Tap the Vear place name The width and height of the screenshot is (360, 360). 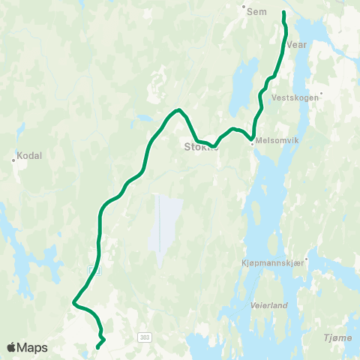coord(298,44)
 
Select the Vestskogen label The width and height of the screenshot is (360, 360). coord(295,97)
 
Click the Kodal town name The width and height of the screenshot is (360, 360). coord(28,155)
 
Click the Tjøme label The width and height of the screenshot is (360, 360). coord(339,337)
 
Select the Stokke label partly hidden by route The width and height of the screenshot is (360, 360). coord(199,147)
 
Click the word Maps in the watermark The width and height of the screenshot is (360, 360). coord(32,347)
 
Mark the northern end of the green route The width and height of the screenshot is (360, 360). coord(283,13)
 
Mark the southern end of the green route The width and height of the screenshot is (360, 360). coord(98,347)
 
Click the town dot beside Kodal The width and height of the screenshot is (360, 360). coord(14,159)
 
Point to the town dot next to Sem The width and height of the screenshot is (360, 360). coord(244,9)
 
